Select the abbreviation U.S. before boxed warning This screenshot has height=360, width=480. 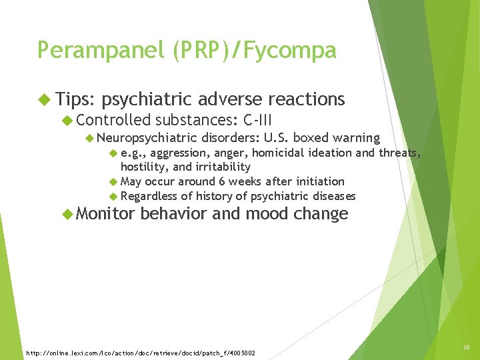pos(277,138)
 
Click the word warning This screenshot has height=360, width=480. pos(356,138)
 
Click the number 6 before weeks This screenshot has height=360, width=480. pos(222,181)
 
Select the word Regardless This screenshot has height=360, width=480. pos(149,196)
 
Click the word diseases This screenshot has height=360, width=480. pos(332,196)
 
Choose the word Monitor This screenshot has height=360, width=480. pos(104,213)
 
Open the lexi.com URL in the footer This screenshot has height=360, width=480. pos(140,352)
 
